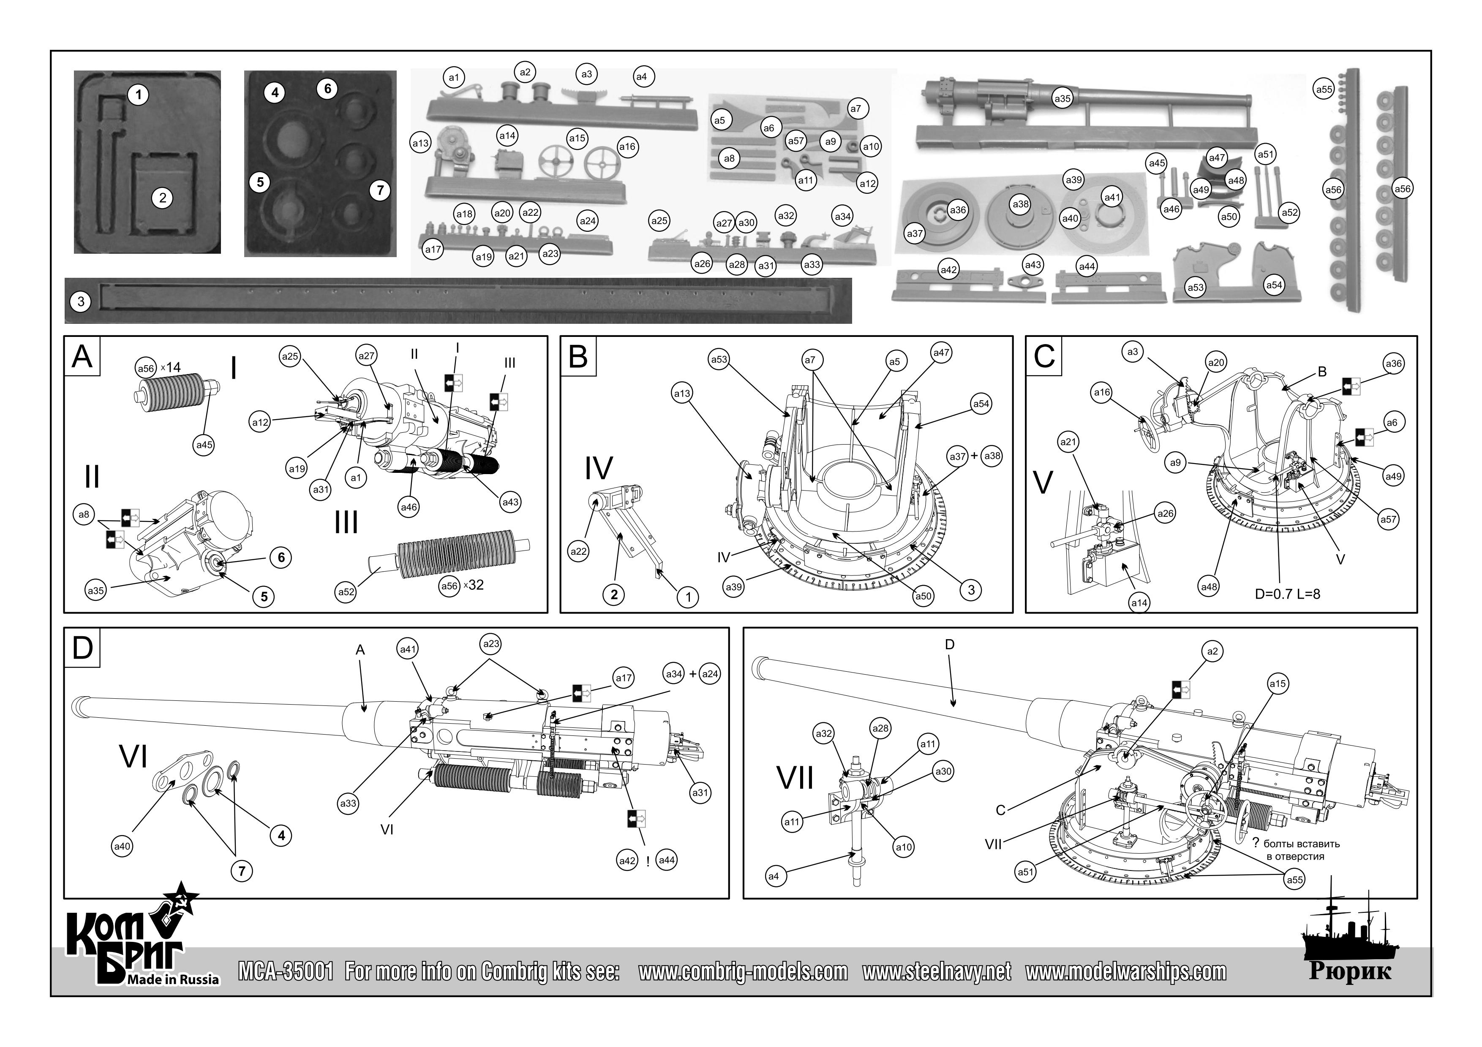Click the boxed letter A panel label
coord(82,357)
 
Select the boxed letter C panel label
coord(1044,357)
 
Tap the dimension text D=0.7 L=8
coord(1287,594)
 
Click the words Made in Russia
coord(173,980)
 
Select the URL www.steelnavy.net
coord(937,971)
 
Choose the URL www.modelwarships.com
coord(1126,971)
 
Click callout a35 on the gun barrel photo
coord(1062,99)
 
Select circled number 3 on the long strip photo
coord(81,301)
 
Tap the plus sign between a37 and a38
coord(974,456)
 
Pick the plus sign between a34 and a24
coord(692,674)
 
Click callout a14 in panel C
coord(1139,602)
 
